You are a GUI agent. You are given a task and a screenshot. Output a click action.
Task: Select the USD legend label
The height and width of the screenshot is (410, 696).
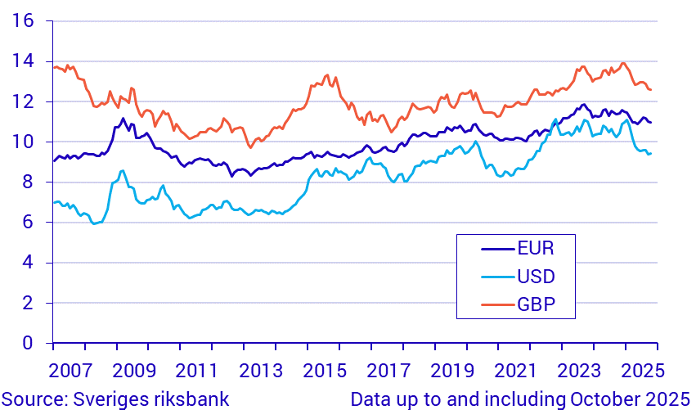point(536,275)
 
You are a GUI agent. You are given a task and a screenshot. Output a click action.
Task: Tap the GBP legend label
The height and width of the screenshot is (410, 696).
point(536,305)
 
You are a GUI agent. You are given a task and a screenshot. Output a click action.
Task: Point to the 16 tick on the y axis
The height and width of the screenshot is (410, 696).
point(22,20)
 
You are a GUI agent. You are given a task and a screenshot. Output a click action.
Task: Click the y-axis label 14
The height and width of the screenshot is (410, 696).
point(22,61)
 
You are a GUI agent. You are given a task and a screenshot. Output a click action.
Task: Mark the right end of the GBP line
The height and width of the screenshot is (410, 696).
point(651,90)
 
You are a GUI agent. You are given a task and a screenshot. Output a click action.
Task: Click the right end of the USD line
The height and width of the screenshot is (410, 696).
point(651,153)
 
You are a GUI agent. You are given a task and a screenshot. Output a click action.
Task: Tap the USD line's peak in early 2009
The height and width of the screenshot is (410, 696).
point(123,171)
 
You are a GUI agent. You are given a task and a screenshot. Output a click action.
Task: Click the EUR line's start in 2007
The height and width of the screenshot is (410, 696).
point(53,161)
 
